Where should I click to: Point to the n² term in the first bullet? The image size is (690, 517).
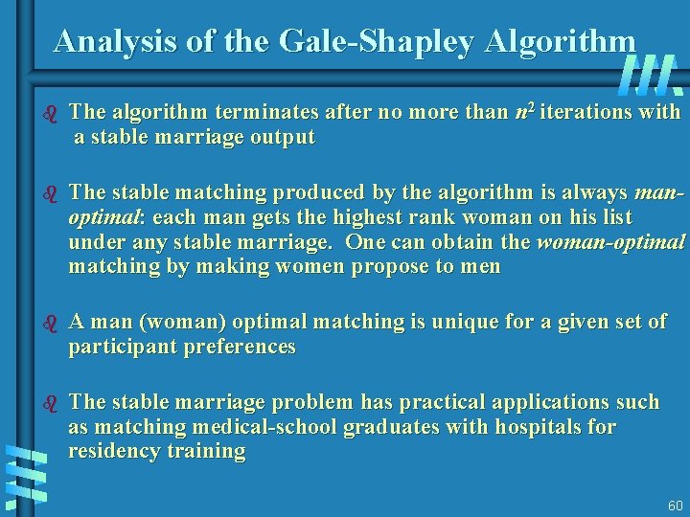(x=524, y=112)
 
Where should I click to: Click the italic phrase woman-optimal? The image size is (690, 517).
(x=610, y=241)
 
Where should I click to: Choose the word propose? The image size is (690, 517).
(x=390, y=266)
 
